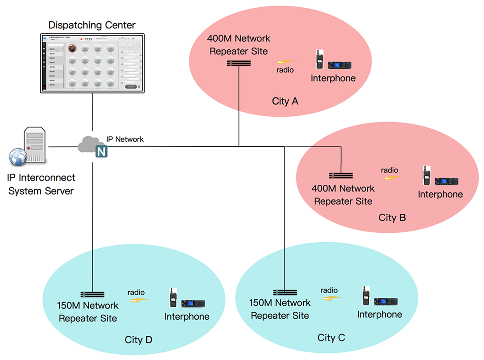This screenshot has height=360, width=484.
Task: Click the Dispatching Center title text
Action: pyautogui.click(x=92, y=25)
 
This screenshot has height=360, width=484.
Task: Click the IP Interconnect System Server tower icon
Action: pyautogui.click(x=35, y=145)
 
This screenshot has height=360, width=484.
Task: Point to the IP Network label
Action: pyautogui.click(x=125, y=139)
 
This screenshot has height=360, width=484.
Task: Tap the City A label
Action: pyautogui.click(x=285, y=101)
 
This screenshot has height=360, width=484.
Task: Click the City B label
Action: pyautogui.click(x=392, y=218)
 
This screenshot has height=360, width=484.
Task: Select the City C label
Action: pyautogui.click(x=331, y=338)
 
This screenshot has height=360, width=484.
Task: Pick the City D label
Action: pyautogui.click(x=139, y=340)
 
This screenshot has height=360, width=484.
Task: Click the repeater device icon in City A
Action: pyautogui.click(x=239, y=63)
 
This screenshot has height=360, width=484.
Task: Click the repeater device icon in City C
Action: pyautogui.click(x=285, y=292)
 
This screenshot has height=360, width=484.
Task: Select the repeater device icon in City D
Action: pyautogui.click(x=93, y=294)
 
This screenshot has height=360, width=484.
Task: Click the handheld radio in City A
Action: pyautogui.click(x=319, y=60)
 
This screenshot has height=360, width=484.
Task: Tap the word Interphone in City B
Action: pyautogui.click(x=440, y=194)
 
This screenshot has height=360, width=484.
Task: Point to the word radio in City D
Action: pyautogui.click(x=136, y=292)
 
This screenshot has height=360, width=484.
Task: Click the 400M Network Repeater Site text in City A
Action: pyautogui.click(x=239, y=45)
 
